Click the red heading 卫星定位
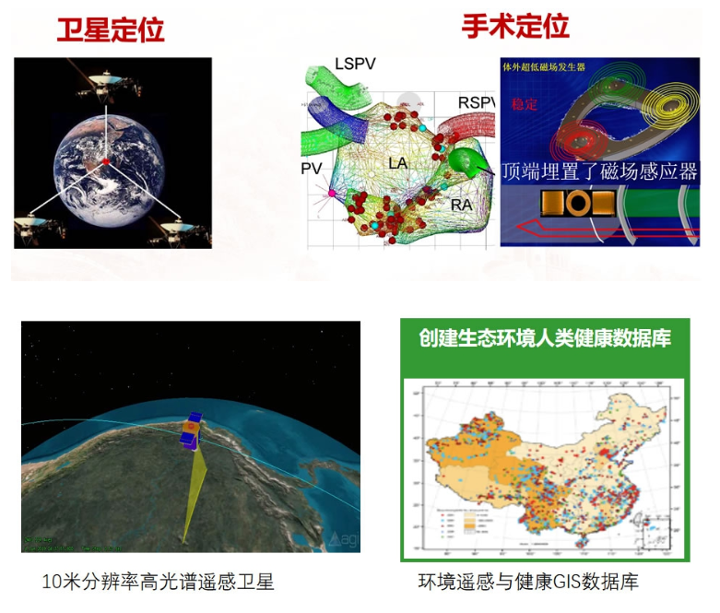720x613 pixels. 111,29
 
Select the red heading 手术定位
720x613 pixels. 514,26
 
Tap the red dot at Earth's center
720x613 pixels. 106,162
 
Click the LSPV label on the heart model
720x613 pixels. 356,65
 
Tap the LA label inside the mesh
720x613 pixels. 398,164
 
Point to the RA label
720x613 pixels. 462,205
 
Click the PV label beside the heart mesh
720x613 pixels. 312,168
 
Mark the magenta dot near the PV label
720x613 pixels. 332,194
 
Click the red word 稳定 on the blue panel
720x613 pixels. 523,103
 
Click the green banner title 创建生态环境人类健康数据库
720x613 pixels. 544,337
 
